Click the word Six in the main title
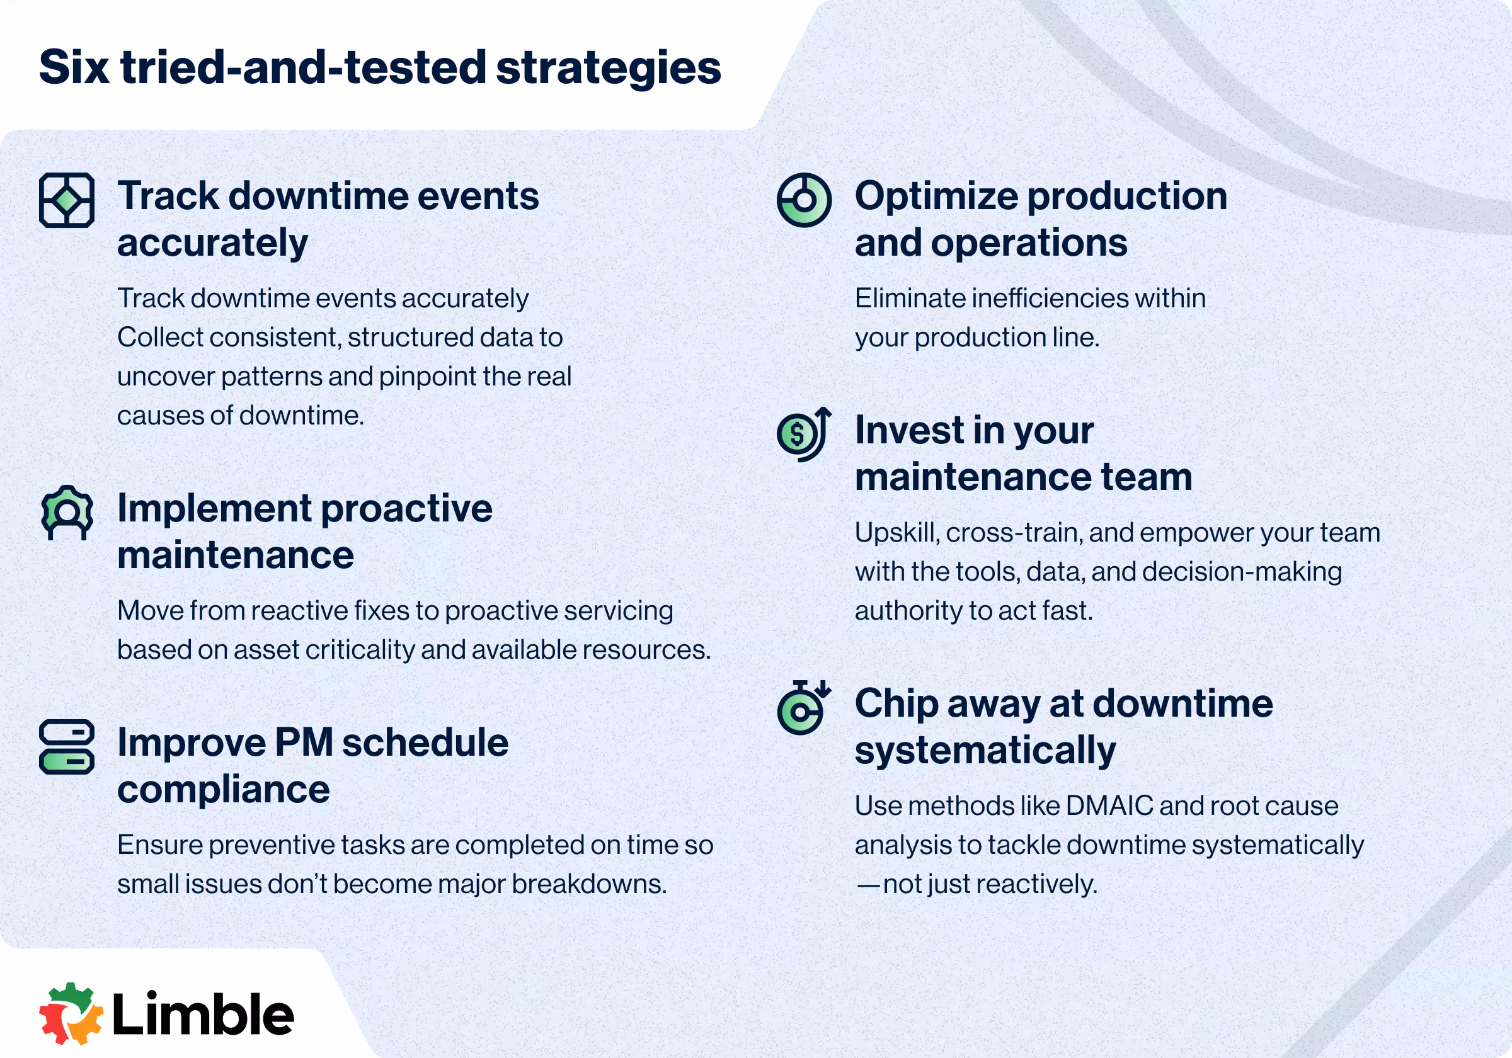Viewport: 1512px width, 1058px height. [74, 67]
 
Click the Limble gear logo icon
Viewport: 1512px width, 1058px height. [71, 1014]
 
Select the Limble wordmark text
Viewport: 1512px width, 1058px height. [203, 1013]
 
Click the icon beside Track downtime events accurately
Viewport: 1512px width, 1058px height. [67, 200]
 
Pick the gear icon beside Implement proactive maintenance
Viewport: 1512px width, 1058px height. [67, 513]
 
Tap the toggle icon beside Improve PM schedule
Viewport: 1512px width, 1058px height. [67, 747]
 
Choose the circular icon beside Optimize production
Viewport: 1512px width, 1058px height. [804, 200]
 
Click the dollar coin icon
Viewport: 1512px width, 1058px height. [798, 434]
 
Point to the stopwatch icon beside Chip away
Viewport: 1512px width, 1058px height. [803, 708]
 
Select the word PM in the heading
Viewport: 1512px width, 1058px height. [304, 742]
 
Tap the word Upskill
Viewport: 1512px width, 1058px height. [897, 533]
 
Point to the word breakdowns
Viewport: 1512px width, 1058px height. [590, 884]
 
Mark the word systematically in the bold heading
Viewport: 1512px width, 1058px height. [985, 751]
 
